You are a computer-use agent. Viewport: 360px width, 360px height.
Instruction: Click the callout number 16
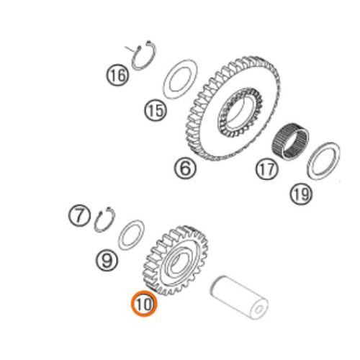117,75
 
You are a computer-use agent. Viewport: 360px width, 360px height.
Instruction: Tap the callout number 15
156,111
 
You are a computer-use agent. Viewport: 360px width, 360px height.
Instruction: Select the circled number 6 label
185,168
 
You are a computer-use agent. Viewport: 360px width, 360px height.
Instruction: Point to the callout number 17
266,169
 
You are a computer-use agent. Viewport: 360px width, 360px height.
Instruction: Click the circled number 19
301,194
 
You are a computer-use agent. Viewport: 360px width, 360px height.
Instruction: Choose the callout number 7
79,215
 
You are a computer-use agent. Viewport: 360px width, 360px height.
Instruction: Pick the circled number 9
107,260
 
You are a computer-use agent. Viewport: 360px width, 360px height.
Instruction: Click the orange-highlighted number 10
144,304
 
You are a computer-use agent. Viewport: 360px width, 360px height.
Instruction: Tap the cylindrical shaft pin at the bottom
239,297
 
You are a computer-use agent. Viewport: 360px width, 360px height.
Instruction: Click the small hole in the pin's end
258,310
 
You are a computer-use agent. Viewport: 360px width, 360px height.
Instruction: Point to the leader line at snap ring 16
131,49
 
